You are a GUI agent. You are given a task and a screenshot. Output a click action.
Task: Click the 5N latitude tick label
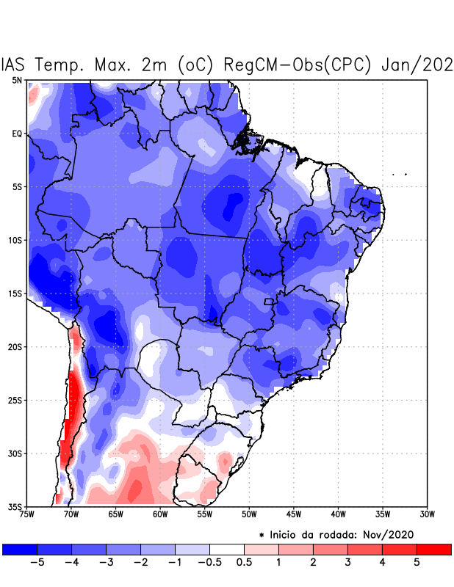tap(17, 80)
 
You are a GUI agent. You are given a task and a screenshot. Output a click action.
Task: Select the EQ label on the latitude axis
tap(17, 134)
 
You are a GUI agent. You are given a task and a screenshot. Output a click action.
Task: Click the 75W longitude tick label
tap(28, 514)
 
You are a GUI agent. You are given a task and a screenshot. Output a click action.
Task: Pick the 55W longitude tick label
tap(204, 514)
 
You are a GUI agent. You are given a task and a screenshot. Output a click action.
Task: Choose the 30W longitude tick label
tap(428, 514)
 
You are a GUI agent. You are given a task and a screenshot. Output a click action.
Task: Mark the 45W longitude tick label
tap(294, 514)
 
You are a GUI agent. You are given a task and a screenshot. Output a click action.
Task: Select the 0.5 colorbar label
tap(244, 562)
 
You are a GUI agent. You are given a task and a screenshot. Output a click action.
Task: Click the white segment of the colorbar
tap(226, 549)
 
